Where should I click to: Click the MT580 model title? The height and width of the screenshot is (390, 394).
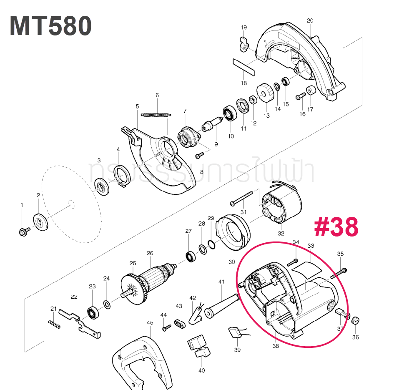coord(51,26)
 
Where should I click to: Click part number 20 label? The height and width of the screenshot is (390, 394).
coord(309,20)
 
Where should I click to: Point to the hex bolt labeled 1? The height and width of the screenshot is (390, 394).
coord(23,231)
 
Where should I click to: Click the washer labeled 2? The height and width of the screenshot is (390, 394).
coord(41,221)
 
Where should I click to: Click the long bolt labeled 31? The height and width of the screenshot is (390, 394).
coord(242,198)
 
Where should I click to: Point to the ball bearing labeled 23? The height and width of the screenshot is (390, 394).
coord(92,312)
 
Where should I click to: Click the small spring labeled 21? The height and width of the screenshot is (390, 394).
coord(55,324)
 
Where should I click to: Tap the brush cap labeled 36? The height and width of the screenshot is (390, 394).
coord(356,320)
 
